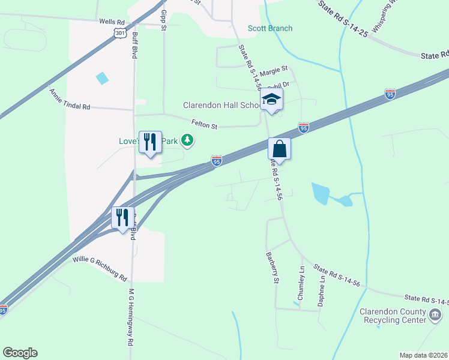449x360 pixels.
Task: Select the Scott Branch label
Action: coord(270,28)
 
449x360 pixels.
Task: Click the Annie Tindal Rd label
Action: coord(70,99)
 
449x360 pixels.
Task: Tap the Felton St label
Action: coord(204,124)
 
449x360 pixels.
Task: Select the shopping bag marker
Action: coord(279,148)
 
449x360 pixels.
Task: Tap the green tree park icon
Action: coord(188,140)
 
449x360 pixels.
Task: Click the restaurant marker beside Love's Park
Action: coord(150,142)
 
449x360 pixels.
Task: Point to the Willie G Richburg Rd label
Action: coord(100,269)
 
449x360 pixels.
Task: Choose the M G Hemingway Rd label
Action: coord(130,325)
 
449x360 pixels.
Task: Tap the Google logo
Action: coord(20,352)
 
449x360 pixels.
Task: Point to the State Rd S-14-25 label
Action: coord(343,18)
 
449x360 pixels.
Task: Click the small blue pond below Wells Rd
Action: coord(103,78)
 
